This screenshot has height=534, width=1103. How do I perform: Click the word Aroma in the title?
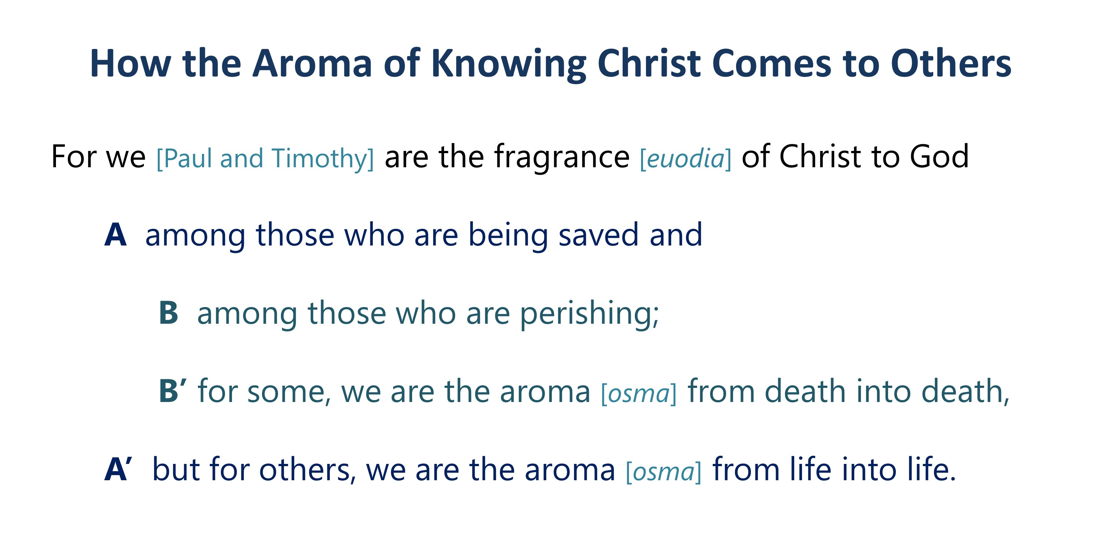click(312, 63)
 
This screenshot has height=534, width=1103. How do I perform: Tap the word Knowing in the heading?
click(508, 64)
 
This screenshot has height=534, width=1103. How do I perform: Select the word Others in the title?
click(951, 63)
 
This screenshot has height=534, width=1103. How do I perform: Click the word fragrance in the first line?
click(562, 157)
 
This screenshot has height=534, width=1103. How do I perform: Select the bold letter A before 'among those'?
click(115, 235)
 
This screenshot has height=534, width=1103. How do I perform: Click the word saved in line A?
click(599, 235)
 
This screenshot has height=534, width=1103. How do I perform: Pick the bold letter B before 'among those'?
click(168, 313)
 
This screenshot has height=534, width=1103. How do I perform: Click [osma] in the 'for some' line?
click(639, 393)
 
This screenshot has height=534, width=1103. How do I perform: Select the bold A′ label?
click(118, 469)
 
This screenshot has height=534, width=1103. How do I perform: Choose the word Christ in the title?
click(649, 63)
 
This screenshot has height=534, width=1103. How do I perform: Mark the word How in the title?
click(130, 63)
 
